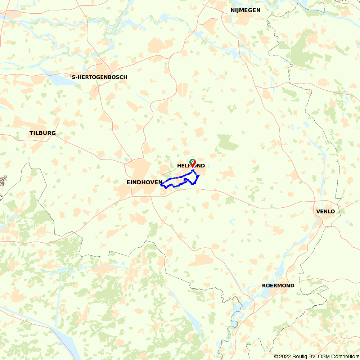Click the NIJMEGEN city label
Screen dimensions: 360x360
(x=246, y=10)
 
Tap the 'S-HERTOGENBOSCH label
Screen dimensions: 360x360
(x=99, y=77)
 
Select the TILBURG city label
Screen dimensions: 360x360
(x=42, y=133)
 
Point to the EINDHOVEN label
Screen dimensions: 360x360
(x=144, y=183)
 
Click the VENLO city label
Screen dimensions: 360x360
(x=325, y=211)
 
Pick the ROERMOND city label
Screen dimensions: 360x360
(x=278, y=285)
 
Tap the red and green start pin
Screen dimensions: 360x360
(x=193, y=163)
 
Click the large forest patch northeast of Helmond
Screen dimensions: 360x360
(x=228, y=142)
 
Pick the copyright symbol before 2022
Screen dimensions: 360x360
(x=276, y=356)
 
